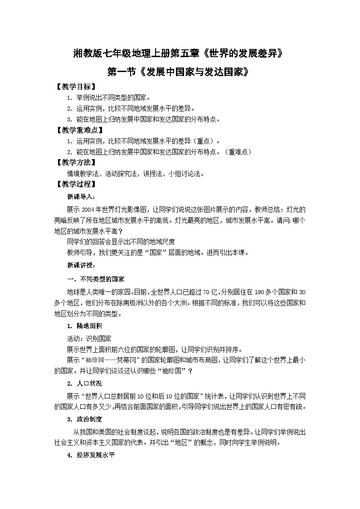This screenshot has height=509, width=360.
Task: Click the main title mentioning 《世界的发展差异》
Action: click(180, 53)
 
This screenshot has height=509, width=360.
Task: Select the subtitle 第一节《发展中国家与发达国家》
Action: click(180, 72)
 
